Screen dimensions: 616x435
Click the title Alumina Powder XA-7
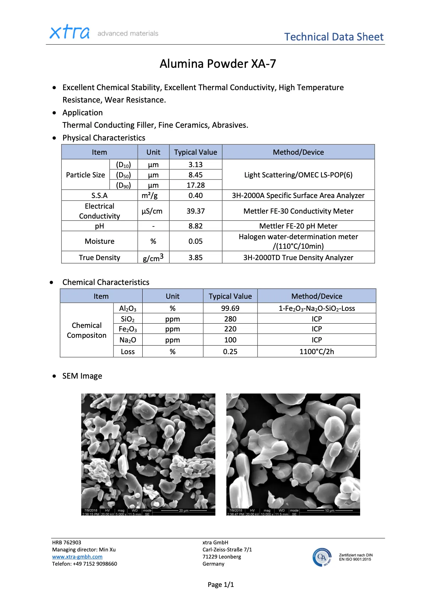pyautogui.click(x=217, y=64)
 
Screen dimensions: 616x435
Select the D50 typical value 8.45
pyautogui.click(x=196, y=175)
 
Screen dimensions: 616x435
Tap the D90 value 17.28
pyautogui.click(x=196, y=185)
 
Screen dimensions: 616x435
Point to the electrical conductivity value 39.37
pyautogui.click(x=196, y=211)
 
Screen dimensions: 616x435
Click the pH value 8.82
pyautogui.click(x=196, y=226)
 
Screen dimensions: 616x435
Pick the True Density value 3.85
pyautogui.click(x=196, y=258)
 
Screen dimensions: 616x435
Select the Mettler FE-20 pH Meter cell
pyautogui.click(x=298, y=226)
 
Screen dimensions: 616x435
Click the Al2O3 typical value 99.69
pyautogui.click(x=230, y=308)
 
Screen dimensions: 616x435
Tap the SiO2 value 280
pyautogui.click(x=230, y=319)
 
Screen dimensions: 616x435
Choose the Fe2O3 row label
pyautogui.click(x=127, y=329)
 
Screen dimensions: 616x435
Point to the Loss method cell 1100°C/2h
pyautogui.click(x=316, y=352)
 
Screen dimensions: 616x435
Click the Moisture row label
pyautogui.click(x=99, y=241)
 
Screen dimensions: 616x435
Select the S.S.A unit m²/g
pyautogui.click(x=149, y=196)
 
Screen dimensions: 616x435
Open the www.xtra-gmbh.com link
pyautogui.click(x=77, y=557)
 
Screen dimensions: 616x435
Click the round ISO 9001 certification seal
pyautogui.click(x=322, y=557)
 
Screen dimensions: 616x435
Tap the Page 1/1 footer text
pyautogui.click(x=221, y=585)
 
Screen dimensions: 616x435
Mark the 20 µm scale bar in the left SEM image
pyautogui.click(x=184, y=511)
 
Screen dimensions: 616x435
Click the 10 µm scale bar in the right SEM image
pyautogui.click(x=330, y=511)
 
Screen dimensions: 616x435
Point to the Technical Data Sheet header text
pyautogui.click(x=334, y=37)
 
